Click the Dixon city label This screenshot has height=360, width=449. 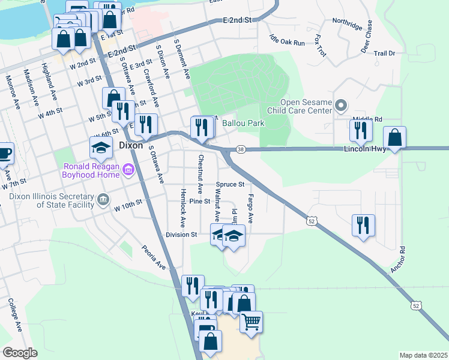130,145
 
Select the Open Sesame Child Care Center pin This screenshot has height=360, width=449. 341,106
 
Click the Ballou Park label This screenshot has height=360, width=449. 243,123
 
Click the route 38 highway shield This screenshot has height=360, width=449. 240,149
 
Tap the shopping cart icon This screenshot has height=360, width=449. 252,322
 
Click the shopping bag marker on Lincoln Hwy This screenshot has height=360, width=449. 394,137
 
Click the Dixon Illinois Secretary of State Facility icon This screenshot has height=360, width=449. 103,199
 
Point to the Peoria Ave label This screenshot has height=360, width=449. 153,256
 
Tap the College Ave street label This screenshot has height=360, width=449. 14,316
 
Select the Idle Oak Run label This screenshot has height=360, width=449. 288,40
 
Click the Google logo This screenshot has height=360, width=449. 20,352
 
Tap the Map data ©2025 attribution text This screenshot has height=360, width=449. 423,355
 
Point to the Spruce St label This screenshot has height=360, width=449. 230,184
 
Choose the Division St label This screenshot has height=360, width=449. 181,235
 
